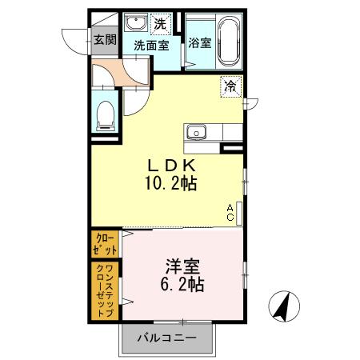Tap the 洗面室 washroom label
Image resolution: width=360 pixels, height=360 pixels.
click(150, 46)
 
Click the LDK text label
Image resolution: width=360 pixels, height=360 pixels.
click(170, 165)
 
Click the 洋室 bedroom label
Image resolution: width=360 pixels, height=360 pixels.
click(182, 266)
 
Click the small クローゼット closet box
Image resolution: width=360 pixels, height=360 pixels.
click(106, 243)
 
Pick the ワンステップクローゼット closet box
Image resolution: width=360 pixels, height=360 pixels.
click(106, 290)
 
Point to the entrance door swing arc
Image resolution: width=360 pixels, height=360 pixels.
click(78, 40)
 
